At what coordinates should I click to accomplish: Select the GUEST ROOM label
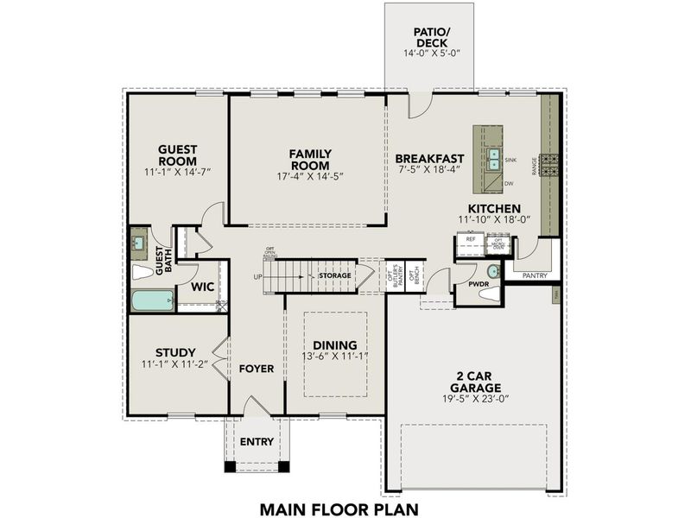point(177,155)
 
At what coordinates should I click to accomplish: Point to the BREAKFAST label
point(429,159)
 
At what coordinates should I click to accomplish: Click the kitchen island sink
point(493,160)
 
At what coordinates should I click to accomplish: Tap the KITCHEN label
point(493,209)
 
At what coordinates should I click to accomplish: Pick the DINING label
point(334,343)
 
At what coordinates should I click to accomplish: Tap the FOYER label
point(257,369)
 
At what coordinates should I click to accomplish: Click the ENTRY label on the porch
point(257,441)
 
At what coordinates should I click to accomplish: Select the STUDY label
point(176,351)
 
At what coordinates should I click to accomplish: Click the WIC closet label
point(202,286)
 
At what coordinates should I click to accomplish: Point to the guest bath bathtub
point(153,300)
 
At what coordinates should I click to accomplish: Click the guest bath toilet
point(143,271)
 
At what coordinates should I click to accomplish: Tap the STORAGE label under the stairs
point(334,275)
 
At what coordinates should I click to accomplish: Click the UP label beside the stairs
point(257,276)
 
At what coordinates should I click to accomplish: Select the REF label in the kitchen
point(471,239)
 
